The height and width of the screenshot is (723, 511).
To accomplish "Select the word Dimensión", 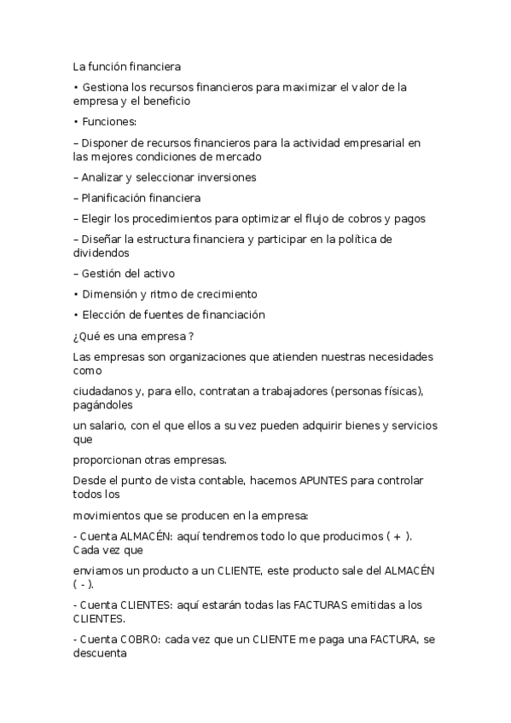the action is click(x=109, y=294).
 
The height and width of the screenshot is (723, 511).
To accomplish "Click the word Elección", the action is click(x=103, y=315).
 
